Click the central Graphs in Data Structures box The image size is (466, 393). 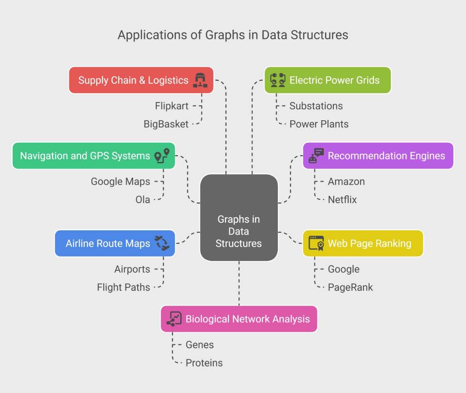(x=239, y=218)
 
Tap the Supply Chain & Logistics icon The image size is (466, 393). (x=200, y=80)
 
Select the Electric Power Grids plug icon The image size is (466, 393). (x=278, y=80)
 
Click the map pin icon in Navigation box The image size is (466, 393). (x=162, y=156)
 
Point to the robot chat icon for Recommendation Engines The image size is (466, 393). (x=316, y=156)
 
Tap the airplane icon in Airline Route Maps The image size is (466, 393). (x=162, y=243)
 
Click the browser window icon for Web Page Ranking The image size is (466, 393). (x=316, y=243)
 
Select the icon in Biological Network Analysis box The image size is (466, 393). (x=174, y=319)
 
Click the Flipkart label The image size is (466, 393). (x=172, y=106)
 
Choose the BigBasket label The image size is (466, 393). (x=166, y=124)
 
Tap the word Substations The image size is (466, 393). (x=316, y=106)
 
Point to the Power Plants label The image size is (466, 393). (x=319, y=124)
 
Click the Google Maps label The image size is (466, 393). (x=120, y=182)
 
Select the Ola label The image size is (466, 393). (x=143, y=200)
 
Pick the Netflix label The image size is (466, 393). (x=342, y=200)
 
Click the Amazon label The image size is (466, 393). (x=346, y=182)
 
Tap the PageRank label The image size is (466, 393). (x=350, y=287)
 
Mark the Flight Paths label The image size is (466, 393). (x=123, y=287)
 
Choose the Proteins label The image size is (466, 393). (x=204, y=363)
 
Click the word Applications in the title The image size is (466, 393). (x=153, y=35)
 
